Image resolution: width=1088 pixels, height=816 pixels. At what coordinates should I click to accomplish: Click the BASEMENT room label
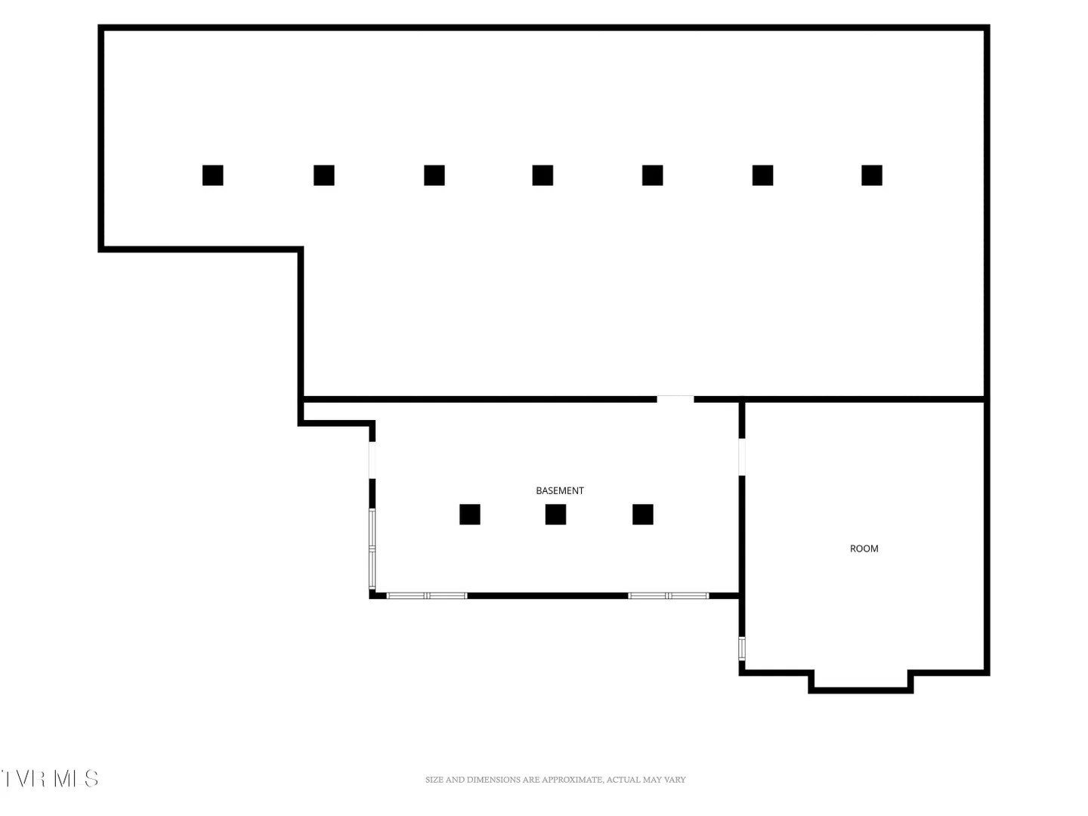560,490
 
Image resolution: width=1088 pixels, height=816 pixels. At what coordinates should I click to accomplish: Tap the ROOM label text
864,549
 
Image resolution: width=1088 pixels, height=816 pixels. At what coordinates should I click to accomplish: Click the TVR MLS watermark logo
50,778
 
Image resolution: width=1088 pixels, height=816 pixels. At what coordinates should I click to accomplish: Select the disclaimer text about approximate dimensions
555,779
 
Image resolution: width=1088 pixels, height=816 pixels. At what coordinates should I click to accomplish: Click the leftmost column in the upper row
212,175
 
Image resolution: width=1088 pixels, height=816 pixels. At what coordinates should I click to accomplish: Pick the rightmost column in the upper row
872,175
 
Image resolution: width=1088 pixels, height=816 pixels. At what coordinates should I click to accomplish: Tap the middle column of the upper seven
542,175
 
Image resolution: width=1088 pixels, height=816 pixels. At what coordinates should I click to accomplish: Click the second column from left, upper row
324,175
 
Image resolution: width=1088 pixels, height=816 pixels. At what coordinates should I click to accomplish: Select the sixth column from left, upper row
763,175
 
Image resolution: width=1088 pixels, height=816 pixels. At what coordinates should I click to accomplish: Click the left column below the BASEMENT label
470,515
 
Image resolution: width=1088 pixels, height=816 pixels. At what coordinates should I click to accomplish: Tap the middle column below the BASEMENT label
555,515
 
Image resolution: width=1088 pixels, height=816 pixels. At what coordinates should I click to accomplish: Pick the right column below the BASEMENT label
643,515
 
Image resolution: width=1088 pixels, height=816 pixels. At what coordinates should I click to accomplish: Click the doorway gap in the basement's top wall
675,399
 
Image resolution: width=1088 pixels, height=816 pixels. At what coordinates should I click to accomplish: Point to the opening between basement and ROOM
742,457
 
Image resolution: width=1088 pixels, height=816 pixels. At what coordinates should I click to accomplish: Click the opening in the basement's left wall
372,460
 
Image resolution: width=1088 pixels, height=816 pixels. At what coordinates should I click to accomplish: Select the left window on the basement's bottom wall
427,595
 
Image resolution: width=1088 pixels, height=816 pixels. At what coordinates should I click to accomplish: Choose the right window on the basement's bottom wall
668,595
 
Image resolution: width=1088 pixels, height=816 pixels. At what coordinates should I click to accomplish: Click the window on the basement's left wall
372,549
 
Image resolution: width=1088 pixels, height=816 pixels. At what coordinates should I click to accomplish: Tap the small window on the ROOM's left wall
742,648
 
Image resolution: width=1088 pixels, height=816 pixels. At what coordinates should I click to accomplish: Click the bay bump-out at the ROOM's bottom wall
861,690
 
